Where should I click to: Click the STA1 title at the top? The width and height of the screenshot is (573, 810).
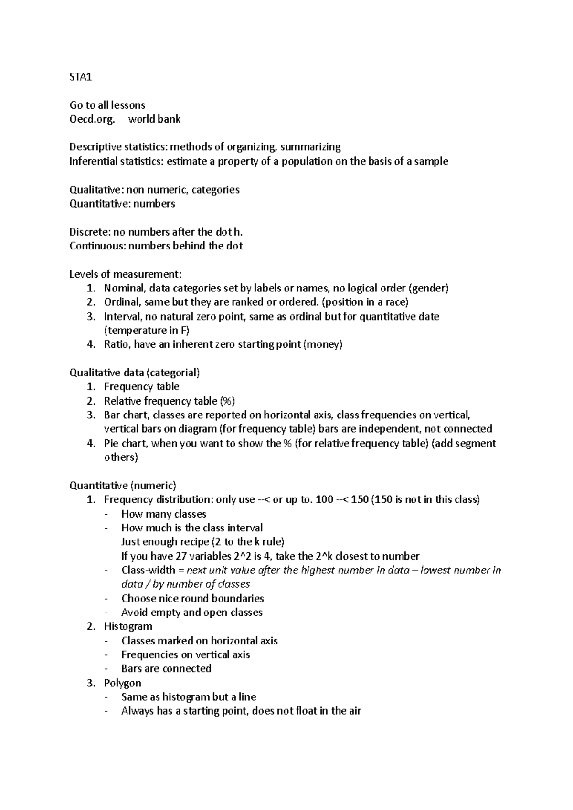(80, 77)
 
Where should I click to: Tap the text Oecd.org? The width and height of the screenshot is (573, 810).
(92, 119)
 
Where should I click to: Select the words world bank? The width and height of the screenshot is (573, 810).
(154, 119)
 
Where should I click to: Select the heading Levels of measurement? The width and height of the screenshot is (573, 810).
(126, 274)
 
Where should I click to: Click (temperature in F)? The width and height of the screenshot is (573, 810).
(147, 331)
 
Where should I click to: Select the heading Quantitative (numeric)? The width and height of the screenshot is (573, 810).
(123, 486)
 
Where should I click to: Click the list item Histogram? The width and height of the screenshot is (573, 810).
(128, 626)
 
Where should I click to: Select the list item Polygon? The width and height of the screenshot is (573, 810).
(122, 683)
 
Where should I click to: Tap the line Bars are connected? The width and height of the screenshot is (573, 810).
(166, 669)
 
